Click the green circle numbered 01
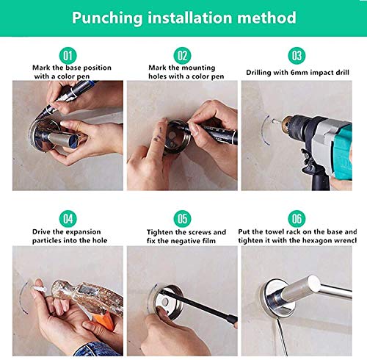click(68, 56)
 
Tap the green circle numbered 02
click(182, 56)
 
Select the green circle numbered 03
click(297, 56)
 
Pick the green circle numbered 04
click(68, 219)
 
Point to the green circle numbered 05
click(182, 219)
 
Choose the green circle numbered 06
click(297, 219)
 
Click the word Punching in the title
click(107, 18)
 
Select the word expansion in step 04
click(83, 232)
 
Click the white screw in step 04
click(40, 287)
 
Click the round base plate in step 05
click(168, 301)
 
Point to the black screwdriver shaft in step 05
click(195, 304)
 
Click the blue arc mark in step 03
click(265, 131)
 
